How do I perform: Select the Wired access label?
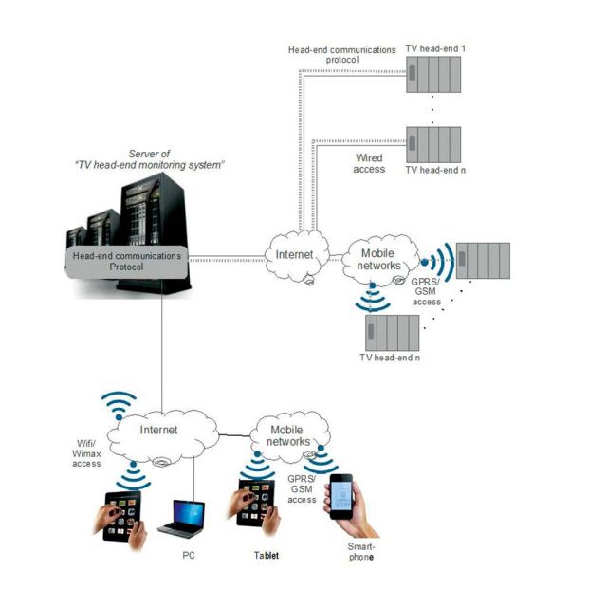coord(370,163)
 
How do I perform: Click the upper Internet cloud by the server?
coord(293,255)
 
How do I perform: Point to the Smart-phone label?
coord(360,552)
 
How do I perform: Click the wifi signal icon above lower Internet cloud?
coord(118,406)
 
